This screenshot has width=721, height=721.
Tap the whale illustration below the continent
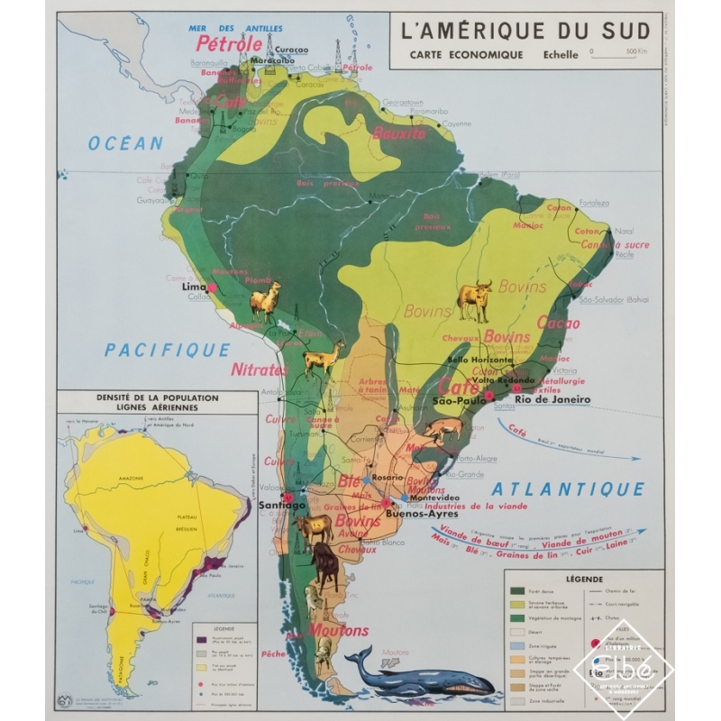(424, 671)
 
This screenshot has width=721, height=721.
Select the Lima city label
(194, 287)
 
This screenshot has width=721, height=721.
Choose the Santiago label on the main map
(283, 507)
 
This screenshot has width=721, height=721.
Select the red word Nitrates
(260, 370)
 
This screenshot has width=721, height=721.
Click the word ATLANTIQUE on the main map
(568, 489)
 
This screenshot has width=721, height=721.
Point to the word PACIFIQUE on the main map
(167, 350)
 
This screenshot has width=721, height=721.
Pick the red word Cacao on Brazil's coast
(559, 322)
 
